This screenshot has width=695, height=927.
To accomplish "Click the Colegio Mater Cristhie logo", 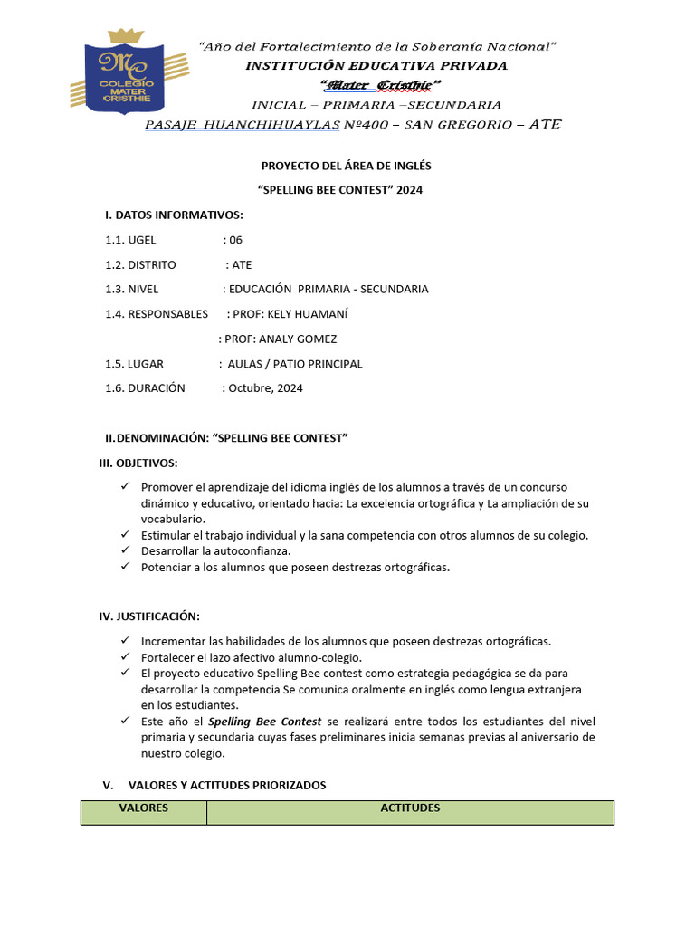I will pos(128,76).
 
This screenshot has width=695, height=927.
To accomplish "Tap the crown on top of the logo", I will pos(126,37).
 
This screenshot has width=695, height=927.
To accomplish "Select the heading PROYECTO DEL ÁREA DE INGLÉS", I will pos(347,166).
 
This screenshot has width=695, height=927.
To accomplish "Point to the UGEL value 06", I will pos(235,240).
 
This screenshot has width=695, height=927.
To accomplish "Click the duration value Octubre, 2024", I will pos(266,388).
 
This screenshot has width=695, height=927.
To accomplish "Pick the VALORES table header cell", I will pos(144,808).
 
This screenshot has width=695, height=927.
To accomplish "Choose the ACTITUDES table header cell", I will pos(410,808).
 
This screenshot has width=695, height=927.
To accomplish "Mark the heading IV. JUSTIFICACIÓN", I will pos(149,616).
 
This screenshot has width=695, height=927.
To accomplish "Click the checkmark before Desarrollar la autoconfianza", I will pos(126,550).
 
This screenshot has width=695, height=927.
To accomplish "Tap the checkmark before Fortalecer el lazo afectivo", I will pos(126,657).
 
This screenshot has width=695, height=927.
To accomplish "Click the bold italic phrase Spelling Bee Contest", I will pos(264,722).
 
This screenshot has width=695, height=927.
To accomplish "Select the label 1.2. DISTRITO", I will pos(140,265).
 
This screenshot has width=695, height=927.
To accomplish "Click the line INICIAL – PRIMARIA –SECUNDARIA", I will pos(376,105).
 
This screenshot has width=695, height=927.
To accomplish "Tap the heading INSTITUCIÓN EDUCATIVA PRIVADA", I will pos(377,65).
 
